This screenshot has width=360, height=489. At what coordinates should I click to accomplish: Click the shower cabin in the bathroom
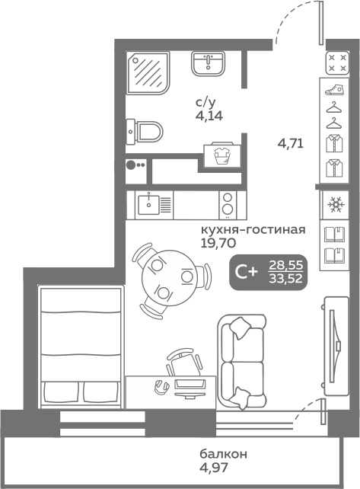click(148, 72)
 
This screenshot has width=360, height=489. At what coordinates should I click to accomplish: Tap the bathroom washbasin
click(208, 64)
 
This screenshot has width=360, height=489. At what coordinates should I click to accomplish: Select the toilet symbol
click(145, 132)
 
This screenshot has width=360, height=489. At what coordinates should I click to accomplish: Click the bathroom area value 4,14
click(209, 116)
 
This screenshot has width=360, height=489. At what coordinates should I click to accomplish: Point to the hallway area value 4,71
click(291, 144)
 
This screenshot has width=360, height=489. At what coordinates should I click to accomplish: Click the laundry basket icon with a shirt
click(222, 155)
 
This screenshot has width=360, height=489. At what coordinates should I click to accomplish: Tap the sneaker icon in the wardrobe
click(334, 90)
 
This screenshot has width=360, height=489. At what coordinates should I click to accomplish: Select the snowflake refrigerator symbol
click(336, 205)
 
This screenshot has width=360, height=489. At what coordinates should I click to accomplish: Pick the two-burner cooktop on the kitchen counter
click(228, 205)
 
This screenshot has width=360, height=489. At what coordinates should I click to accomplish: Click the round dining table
click(169, 277)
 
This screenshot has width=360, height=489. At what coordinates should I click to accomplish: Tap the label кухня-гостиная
click(253, 230)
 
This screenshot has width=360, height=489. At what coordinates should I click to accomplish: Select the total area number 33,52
click(286, 279)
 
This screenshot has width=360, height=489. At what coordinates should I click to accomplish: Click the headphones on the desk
click(161, 387)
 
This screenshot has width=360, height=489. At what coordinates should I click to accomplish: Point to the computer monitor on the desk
click(190, 388)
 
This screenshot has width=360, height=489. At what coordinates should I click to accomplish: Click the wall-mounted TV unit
click(336, 346)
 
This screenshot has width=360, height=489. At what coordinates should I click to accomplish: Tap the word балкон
click(224, 454)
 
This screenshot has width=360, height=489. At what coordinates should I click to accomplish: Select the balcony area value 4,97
click(214, 467)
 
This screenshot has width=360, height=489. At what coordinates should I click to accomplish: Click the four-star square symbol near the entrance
click(338, 63)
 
